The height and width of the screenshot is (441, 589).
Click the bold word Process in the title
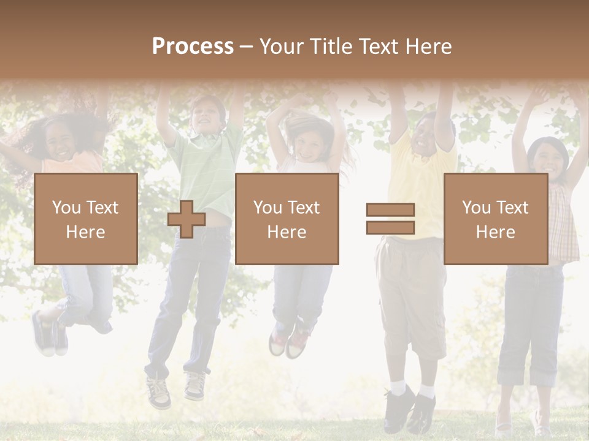pyautogui.click(x=193, y=47)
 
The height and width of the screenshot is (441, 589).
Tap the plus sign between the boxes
pyautogui.click(x=187, y=219)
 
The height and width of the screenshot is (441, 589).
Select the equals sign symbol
pyautogui.click(x=390, y=219)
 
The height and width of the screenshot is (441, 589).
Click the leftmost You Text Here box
pyautogui.click(x=86, y=219)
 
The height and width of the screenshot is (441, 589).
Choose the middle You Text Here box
pyautogui.click(x=287, y=219)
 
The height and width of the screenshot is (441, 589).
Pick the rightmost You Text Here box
pyautogui.click(x=495, y=219)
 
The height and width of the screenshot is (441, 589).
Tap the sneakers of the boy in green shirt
pyautogui.click(x=177, y=389)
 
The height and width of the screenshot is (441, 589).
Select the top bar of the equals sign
pyautogui.click(x=390, y=209)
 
